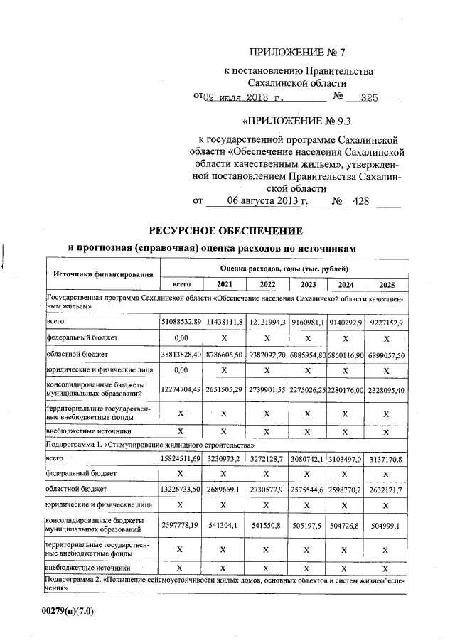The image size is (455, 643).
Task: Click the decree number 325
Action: pos(368,98)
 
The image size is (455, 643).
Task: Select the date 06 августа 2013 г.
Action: pos(267,201)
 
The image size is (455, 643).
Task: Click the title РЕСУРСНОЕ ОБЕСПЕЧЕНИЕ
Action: pos(225,231)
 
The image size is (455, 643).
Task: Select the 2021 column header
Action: pos(225,284)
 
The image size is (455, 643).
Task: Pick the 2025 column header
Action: pos(387,284)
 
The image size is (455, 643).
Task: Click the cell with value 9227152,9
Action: pos(387,322)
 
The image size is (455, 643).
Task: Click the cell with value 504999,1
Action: pos(387,525)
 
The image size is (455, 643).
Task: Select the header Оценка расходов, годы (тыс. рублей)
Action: pos(284,269)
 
